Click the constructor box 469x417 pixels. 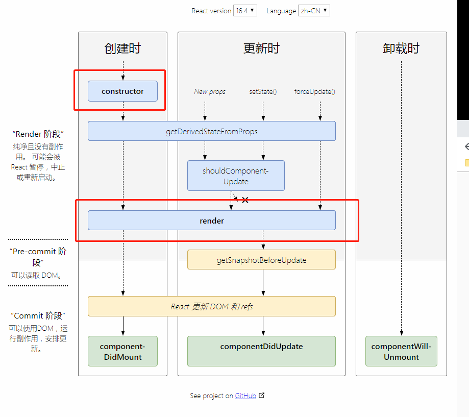click(x=122, y=91)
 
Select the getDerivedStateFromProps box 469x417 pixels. click(x=211, y=131)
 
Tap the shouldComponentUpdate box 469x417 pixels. click(x=236, y=176)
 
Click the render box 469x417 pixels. click(x=211, y=220)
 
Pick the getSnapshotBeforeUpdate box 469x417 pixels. click(x=261, y=260)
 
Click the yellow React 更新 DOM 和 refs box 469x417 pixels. click(x=211, y=306)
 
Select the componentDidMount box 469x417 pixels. click(x=122, y=351)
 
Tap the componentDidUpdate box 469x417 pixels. click(x=261, y=351)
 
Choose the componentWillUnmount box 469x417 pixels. click(x=401, y=351)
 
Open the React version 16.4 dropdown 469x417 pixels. click(x=245, y=11)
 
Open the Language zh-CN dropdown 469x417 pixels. click(x=314, y=11)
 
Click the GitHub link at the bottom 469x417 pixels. click(x=245, y=396)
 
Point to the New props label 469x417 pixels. click(x=210, y=92)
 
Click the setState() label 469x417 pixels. click(x=263, y=92)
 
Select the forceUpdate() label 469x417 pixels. click(x=314, y=92)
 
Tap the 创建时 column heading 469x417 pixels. click(x=122, y=48)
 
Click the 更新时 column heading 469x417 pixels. click(x=261, y=48)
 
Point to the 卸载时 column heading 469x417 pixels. click(x=401, y=48)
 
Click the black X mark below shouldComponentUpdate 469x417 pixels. click(x=245, y=200)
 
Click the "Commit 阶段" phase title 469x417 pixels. click(x=38, y=315)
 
